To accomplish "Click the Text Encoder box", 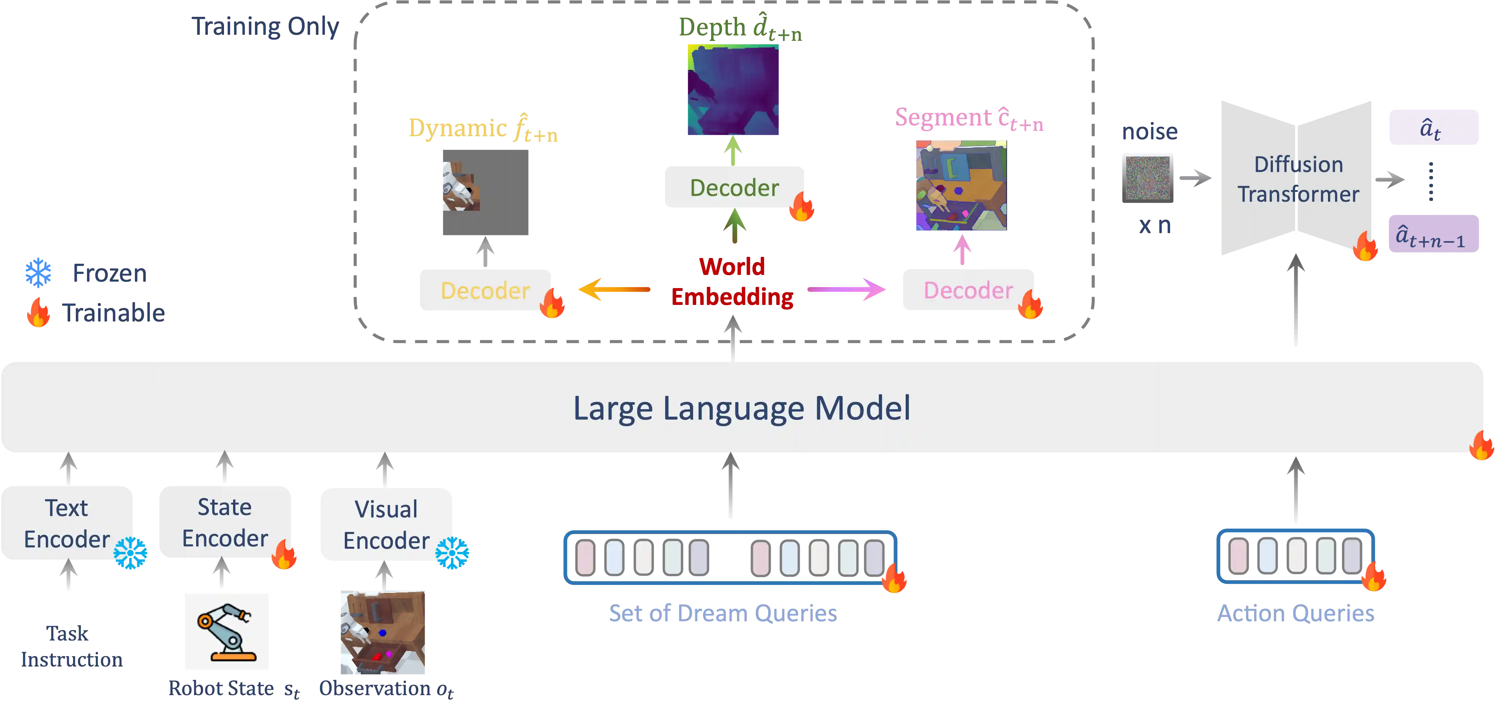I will click(x=67, y=523).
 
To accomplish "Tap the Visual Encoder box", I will click(x=386, y=524).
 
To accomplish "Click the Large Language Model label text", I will click(x=741, y=408).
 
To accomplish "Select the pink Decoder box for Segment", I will click(x=968, y=289).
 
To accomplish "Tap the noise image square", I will click(x=1147, y=178).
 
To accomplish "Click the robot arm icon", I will click(x=226, y=632).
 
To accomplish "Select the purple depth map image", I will click(x=733, y=91).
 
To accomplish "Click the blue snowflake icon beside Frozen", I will click(x=38, y=273).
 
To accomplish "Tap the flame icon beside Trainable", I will click(x=38, y=313).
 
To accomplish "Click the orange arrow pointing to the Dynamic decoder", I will click(x=614, y=289).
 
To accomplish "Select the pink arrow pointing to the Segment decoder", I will click(x=847, y=289).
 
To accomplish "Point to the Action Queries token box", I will click(x=1295, y=556).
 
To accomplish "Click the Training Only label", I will click(x=266, y=26).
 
